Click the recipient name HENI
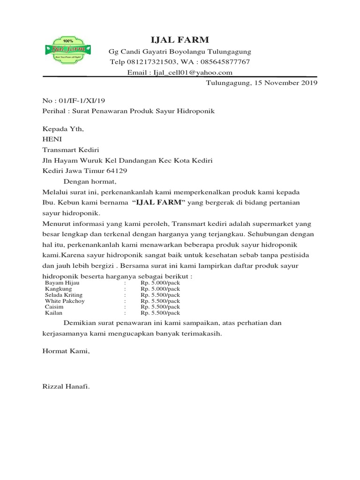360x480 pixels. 52,140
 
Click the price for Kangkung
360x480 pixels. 160,289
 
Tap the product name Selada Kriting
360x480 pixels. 63,295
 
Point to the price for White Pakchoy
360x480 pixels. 160,301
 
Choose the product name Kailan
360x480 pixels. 53,313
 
